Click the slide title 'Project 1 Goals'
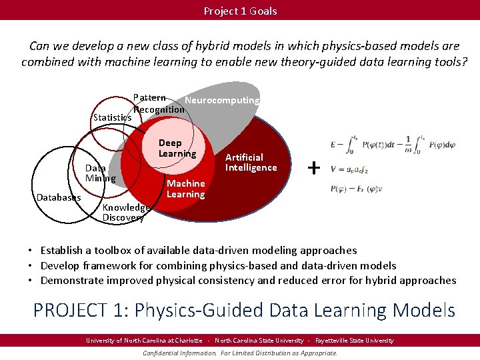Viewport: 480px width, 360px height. pyautogui.click(x=240, y=11)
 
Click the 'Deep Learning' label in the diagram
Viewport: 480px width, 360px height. pyautogui.click(x=177, y=148)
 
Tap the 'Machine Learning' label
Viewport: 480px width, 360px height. pyautogui.click(x=185, y=189)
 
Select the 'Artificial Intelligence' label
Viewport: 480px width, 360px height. pyautogui.click(x=251, y=162)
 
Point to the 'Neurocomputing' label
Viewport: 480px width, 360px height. pyautogui.click(x=222, y=100)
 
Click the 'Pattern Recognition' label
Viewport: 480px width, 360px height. pyautogui.click(x=159, y=103)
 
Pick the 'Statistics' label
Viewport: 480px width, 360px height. pyautogui.click(x=112, y=117)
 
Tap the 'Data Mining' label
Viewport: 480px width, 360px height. pyautogui.click(x=100, y=173)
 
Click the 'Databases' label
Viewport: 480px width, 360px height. pyautogui.click(x=59, y=197)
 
